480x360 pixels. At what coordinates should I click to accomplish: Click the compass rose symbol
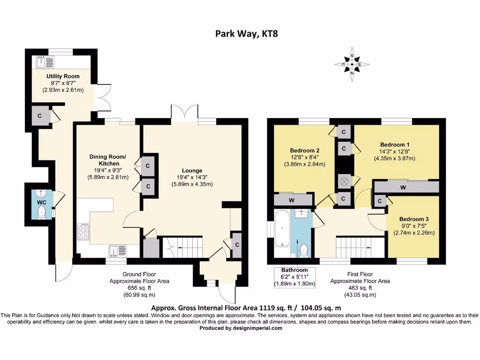[352, 64]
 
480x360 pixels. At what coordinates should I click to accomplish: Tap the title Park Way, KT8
[247, 33]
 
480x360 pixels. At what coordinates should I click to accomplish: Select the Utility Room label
[63, 76]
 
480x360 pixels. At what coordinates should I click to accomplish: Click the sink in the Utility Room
[45, 62]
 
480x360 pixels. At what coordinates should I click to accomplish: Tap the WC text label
[42, 202]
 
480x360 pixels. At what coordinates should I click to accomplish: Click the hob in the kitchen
[83, 232]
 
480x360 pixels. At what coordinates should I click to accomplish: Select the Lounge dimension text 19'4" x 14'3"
[192, 177]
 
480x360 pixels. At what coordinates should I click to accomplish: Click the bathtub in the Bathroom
[282, 229]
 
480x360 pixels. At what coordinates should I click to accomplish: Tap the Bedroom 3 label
[414, 219]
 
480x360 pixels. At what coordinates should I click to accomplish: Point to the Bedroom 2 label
[305, 150]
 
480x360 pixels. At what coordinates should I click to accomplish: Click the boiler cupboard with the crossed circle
[344, 182]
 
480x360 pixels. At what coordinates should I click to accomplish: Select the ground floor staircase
[183, 247]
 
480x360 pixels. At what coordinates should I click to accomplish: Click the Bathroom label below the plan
[294, 270]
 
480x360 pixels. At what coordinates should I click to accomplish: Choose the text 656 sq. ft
[139, 288]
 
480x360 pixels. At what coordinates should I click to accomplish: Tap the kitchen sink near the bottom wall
[118, 251]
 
